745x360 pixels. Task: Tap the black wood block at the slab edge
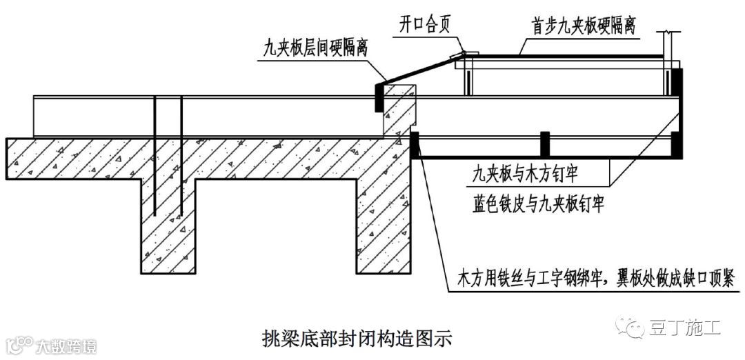pyautogui.click(x=415, y=145)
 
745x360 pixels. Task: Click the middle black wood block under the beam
pyautogui.click(x=544, y=143)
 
